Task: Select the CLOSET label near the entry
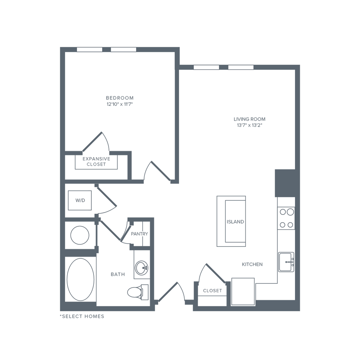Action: [x=213, y=291]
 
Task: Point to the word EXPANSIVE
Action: [x=96, y=159]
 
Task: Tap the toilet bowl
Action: [x=134, y=291]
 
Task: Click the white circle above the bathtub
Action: [x=80, y=235]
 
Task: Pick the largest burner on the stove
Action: [x=290, y=212]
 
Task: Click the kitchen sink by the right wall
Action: [x=286, y=262]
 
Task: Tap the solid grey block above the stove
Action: [x=284, y=183]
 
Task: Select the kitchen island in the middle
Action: [x=231, y=221]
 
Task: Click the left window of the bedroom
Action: [x=90, y=50]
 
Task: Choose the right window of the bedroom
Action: [x=123, y=50]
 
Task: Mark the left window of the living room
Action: [x=206, y=67]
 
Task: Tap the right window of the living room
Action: [x=241, y=67]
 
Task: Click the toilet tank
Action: [x=144, y=291]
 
